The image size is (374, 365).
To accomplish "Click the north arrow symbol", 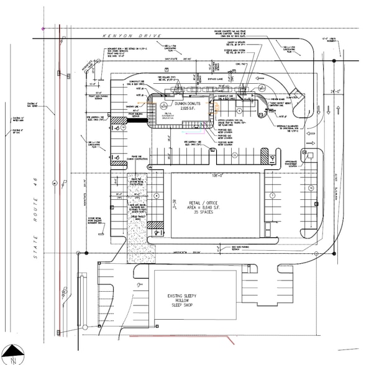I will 13,354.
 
